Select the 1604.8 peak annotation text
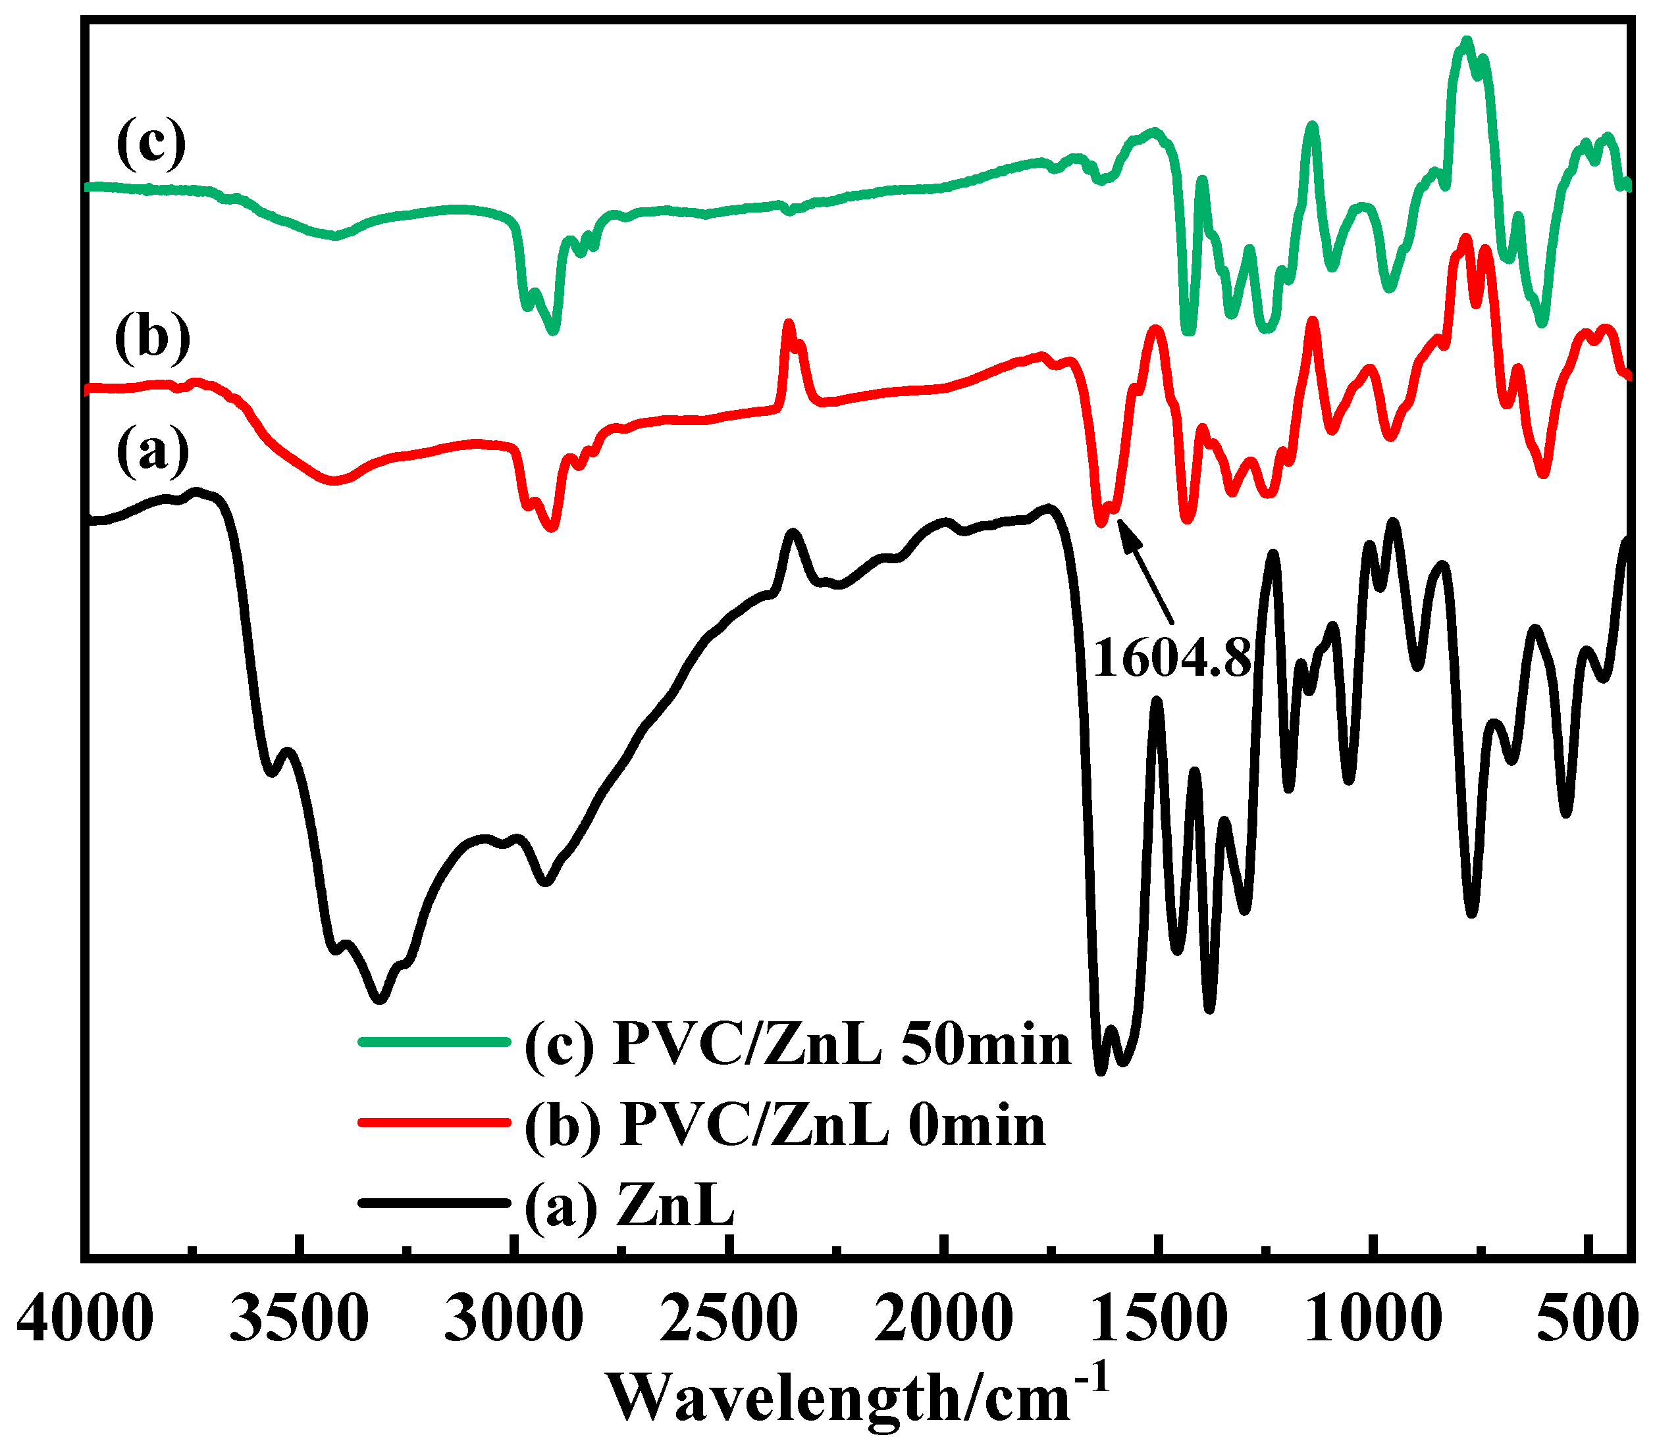tap(1172, 658)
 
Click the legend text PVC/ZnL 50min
tap(797, 1044)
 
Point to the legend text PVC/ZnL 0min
tap(785, 1125)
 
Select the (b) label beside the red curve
tap(152, 337)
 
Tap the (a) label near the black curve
tap(152, 449)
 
